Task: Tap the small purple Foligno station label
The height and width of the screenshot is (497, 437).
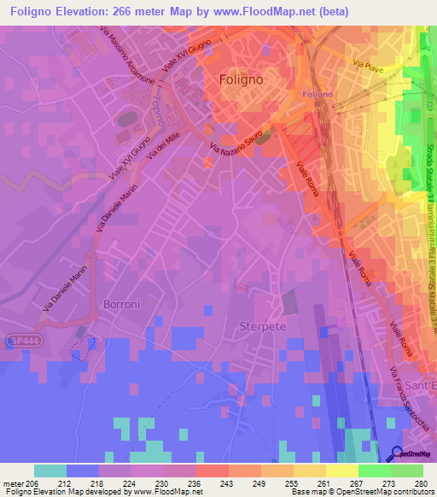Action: (318, 94)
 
